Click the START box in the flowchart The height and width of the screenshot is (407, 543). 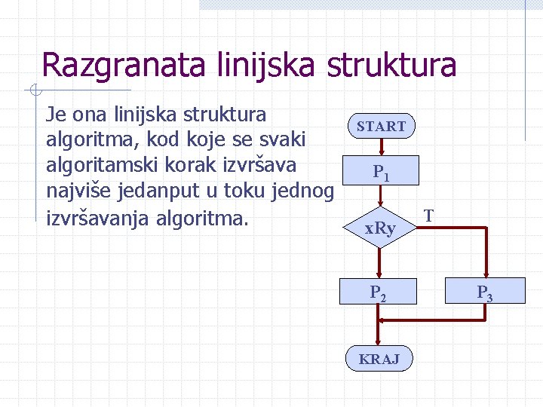[x=381, y=127]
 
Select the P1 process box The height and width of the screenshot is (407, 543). [x=381, y=173]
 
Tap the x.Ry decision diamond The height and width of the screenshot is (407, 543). [x=380, y=227]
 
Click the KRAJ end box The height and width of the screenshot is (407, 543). [x=379, y=359]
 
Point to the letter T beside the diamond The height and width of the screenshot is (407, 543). [x=428, y=216]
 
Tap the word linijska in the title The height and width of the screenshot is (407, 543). [x=260, y=65]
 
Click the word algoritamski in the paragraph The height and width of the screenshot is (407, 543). [x=110, y=165]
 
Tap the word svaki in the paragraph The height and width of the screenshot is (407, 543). [x=281, y=139]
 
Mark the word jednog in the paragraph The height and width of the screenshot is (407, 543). [x=302, y=191]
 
